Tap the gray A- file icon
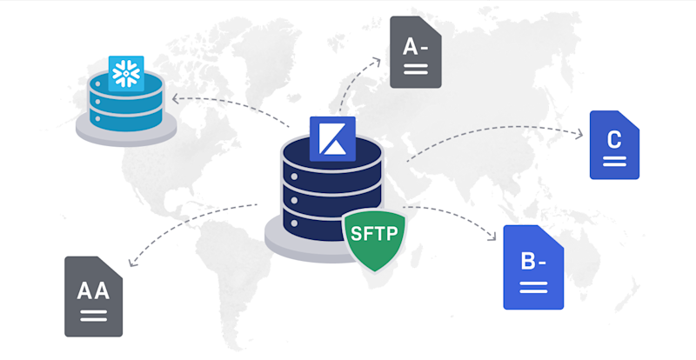pyautogui.click(x=415, y=51)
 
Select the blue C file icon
pyautogui.click(x=614, y=144)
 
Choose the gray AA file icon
pyautogui.click(x=93, y=296)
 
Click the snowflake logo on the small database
pyautogui.click(x=126, y=73)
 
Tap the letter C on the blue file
pyautogui.click(x=614, y=139)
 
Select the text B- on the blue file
pyautogui.click(x=532, y=259)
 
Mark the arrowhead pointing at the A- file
pyautogui.click(x=378, y=60)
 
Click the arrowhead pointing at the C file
pyautogui.click(x=580, y=133)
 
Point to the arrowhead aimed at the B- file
pyautogui.click(x=498, y=236)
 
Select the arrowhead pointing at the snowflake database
pyautogui.click(x=174, y=99)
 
